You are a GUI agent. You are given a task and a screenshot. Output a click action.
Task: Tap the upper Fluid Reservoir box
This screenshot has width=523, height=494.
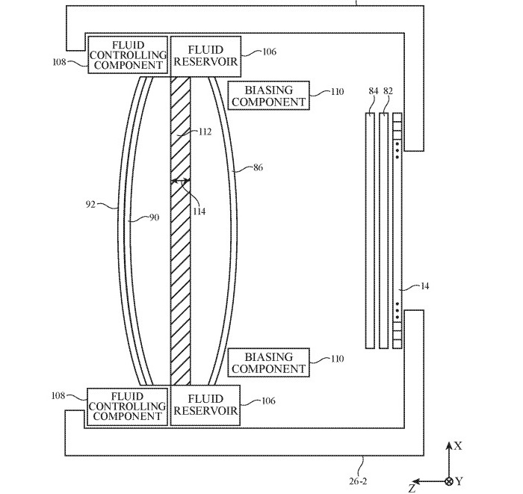point(206,54)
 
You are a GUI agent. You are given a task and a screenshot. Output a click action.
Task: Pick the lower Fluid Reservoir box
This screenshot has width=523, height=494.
point(206,406)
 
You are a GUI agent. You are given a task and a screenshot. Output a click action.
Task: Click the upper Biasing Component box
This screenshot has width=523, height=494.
point(267,96)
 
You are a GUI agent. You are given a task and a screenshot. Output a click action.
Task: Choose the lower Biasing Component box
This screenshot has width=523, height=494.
point(267,363)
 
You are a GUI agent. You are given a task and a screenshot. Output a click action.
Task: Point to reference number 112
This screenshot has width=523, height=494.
point(203,132)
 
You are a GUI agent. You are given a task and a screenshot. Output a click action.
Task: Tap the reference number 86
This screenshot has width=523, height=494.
point(258,168)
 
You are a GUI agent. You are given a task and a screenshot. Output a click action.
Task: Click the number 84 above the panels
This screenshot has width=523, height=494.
point(374,91)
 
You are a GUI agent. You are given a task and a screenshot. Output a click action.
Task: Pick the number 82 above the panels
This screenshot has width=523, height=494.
point(388,91)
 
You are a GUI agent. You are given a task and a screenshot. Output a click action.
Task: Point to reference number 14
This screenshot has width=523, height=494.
point(425,286)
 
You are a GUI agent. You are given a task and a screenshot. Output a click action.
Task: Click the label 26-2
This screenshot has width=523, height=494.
point(359,482)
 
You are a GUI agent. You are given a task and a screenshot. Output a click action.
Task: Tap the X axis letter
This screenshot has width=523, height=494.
point(458,446)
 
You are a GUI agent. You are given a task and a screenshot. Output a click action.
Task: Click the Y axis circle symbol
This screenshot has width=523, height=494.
point(449,481)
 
